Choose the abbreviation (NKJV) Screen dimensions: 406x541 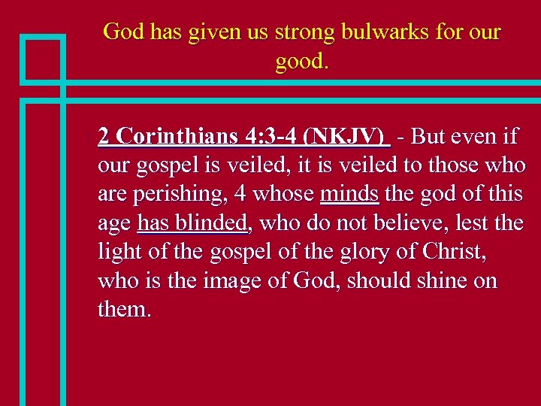345,136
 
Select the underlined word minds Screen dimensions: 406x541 349,194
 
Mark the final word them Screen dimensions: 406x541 124,309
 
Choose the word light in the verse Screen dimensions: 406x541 115,252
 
